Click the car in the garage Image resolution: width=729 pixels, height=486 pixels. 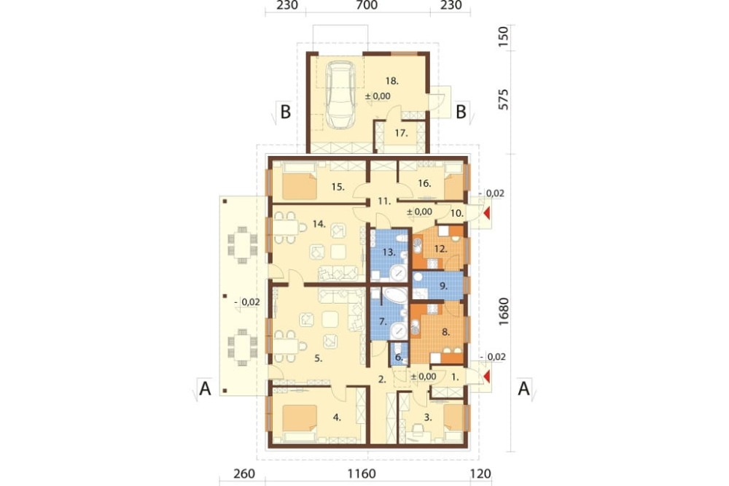(x=341, y=95)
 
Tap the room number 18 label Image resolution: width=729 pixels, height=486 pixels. (x=392, y=80)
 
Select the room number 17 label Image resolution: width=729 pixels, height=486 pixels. (x=401, y=133)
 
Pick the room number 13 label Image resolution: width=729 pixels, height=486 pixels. (x=389, y=252)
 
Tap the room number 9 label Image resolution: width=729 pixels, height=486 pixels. (x=443, y=286)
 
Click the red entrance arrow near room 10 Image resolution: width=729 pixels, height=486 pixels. (x=486, y=213)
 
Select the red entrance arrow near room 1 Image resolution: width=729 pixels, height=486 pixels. (x=486, y=376)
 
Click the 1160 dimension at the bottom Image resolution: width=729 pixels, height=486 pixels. (x=362, y=474)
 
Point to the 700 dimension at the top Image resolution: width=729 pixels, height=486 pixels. (x=367, y=5)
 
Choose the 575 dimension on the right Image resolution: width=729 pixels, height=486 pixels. (x=503, y=99)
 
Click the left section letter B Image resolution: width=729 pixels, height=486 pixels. (x=285, y=112)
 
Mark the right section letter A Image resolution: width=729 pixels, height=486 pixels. (x=524, y=387)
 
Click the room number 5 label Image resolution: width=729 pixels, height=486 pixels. (x=318, y=358)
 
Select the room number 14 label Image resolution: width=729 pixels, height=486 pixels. (x=319, y=224)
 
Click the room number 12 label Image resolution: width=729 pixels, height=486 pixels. (x=440, y=249)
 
